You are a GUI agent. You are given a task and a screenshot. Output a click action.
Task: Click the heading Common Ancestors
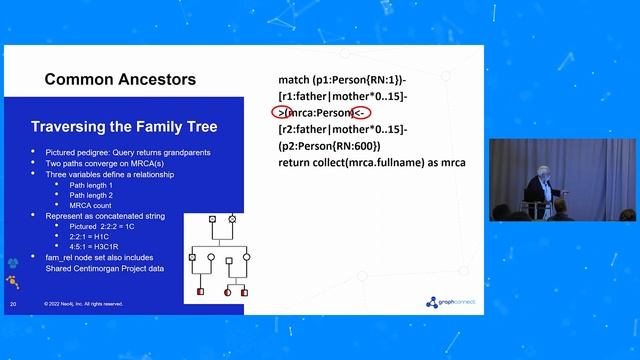[120, 79]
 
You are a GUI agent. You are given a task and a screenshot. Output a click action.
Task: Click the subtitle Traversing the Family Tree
[124, 127]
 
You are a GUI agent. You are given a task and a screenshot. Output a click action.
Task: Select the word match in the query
[297, 78]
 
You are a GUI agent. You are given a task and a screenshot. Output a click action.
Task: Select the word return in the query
[300, 162]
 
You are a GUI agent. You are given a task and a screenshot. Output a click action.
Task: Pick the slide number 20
[13, 303]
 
